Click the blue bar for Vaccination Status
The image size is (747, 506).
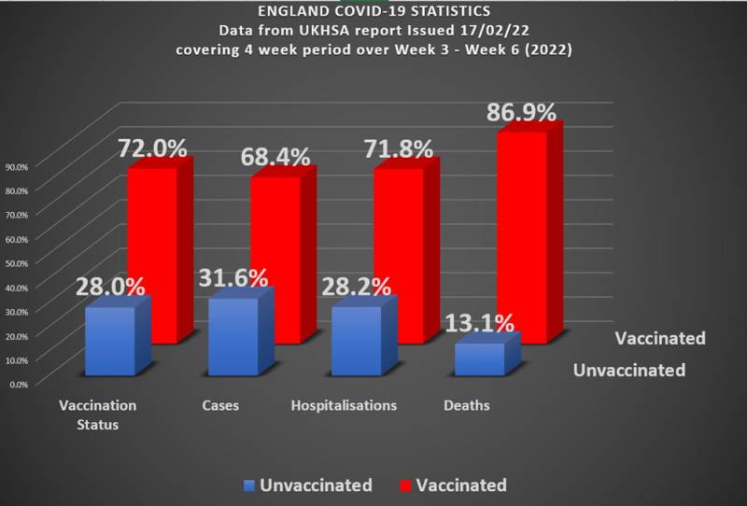pos(110,341)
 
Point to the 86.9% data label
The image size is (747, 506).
pos(521,113)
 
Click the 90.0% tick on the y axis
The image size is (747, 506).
pos(18,166)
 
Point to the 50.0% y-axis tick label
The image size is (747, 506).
pos(18,262)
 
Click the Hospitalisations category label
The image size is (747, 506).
pos(345,406)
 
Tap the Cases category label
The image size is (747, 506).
pos(220,406)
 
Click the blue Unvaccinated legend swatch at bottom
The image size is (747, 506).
pos(248,485)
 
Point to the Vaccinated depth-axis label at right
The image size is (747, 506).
pos(660,338)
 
